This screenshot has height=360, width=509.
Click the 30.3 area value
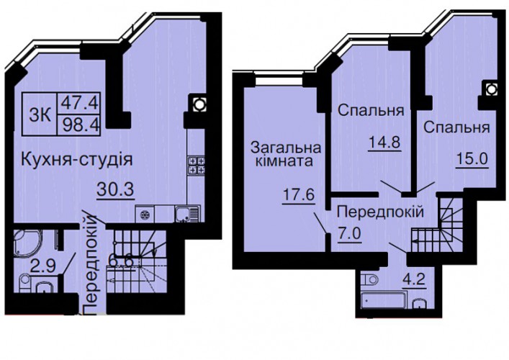(115, 189)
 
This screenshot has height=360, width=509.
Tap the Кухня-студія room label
(77, 160)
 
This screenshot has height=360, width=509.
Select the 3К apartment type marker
(40, 115)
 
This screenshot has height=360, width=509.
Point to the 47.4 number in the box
(79, 103)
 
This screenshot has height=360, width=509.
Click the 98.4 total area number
(79, 125)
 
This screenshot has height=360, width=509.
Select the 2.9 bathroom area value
(43, 267)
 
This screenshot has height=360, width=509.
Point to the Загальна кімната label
(286, 154)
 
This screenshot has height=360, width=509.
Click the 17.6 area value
(299, 195)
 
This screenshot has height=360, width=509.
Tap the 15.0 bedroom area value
(472, 160)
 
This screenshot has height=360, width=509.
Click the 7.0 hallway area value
(349, 233)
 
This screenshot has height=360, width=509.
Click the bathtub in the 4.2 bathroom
(384, 300)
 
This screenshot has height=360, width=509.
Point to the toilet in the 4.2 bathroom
(370, 279)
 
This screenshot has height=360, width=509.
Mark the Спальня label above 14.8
(371, 111)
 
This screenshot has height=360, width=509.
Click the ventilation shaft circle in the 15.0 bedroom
(491, 89)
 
